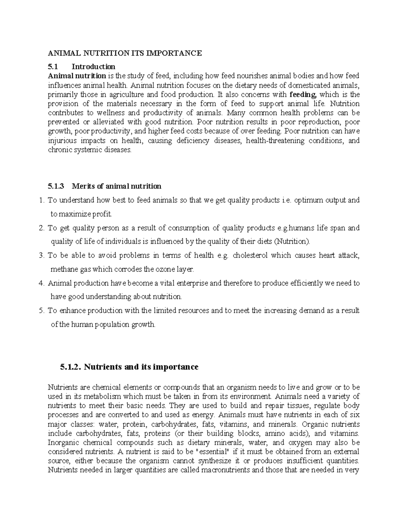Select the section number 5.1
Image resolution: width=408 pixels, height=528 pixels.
click(53, 66)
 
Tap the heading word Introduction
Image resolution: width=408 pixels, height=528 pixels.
click(96, 66)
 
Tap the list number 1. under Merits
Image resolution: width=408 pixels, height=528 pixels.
click(42, 200)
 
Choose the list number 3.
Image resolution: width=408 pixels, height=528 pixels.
click(42, 255)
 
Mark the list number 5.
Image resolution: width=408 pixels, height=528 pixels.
click(42, 311)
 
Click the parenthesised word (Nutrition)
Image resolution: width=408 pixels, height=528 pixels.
click(292, 242)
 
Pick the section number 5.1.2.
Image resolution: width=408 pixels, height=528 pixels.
click(70, 367)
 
